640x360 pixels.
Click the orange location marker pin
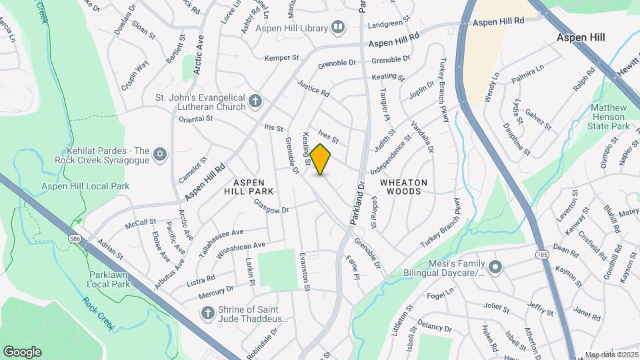click(321, 159)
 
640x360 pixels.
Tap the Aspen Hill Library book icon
click(339, 28)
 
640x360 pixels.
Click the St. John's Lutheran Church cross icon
click(255, 102)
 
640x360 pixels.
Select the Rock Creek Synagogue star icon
click(159, 155)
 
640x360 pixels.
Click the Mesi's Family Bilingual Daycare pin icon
click(495, 268)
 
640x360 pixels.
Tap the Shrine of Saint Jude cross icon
click(207, 313)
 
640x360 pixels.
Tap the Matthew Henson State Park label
click(609, 117)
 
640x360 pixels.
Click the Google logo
click(22, 351)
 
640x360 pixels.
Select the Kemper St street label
click(281, 58)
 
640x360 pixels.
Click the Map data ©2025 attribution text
click(610, 355)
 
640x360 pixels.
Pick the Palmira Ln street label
click(528, 74)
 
